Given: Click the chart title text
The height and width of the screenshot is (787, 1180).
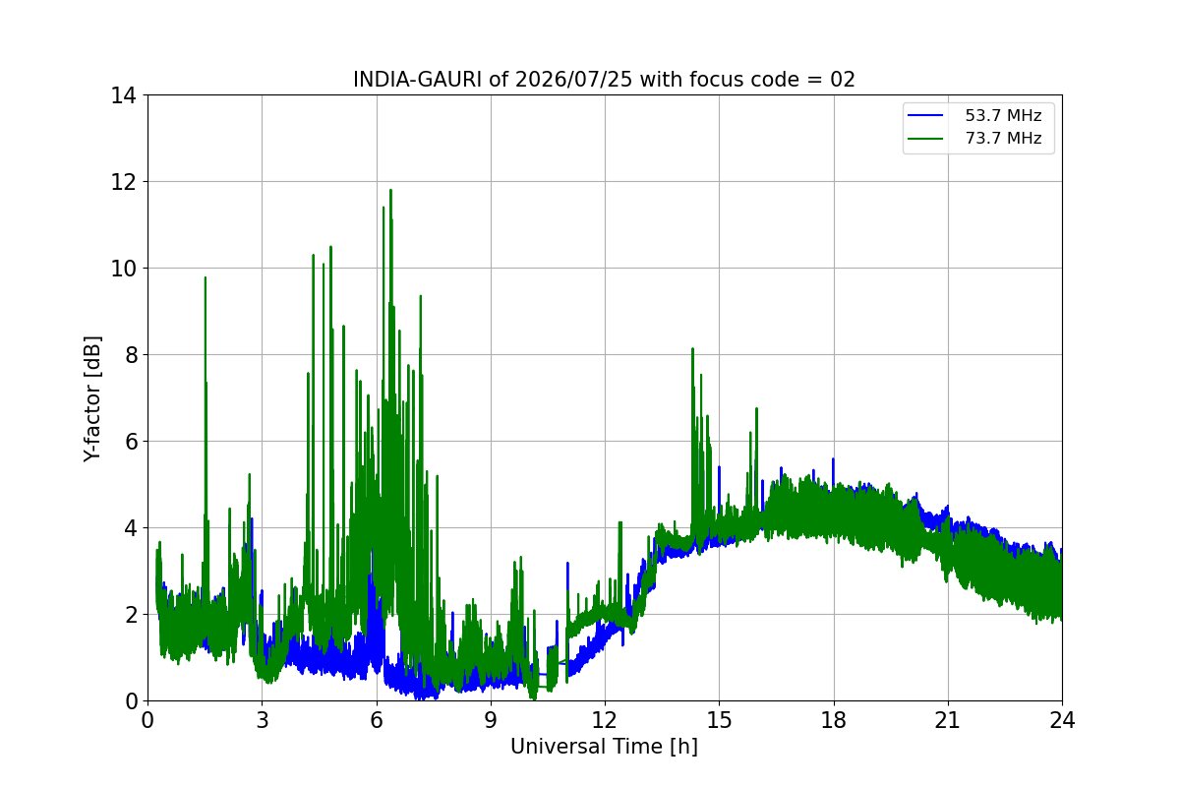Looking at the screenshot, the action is tap(604, 80).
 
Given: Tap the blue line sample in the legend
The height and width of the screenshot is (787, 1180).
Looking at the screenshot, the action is tap(925, 115).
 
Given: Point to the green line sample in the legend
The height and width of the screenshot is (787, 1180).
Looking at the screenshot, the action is tap(925, 139).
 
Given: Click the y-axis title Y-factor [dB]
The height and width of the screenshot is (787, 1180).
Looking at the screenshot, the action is tap(92, 399).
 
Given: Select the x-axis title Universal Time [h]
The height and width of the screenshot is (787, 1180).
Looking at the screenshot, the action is tap(604, 747).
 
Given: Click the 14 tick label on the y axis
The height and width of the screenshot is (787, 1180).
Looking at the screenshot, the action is tap(123, 96).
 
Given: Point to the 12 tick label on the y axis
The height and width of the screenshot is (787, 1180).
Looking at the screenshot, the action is tap(123, 182).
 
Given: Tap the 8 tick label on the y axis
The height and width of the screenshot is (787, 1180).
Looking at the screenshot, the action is tap(131, 355).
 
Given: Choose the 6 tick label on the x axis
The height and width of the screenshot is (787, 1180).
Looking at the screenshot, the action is tap(376, 720).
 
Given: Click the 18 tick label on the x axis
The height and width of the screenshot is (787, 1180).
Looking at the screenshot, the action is tap(834, 720).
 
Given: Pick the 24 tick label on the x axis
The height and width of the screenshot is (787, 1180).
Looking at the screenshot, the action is tap(1062, 720).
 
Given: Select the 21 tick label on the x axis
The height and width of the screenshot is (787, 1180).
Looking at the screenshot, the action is tap(948, 720).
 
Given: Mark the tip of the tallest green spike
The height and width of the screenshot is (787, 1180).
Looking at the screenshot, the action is tap(390, 190).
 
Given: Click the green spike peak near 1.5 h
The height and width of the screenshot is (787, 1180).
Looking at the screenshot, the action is tap(205, 277).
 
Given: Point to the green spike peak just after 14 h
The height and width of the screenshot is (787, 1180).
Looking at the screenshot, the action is tap(692, 349).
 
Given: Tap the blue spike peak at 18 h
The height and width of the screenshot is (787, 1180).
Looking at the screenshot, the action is tap(833, 459).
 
